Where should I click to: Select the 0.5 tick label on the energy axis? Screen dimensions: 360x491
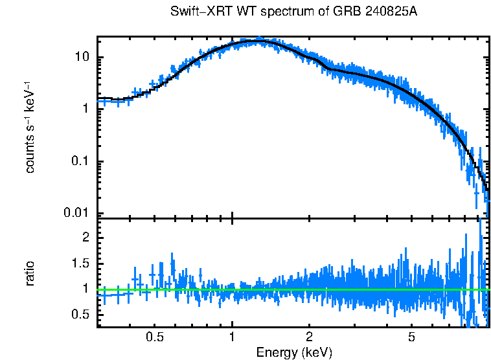tap(154, 337)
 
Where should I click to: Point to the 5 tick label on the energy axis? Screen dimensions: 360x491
tap(411, 337)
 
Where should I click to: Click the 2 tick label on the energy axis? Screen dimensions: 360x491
tap(310, 337)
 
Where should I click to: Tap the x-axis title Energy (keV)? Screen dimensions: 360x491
tap(294, 352)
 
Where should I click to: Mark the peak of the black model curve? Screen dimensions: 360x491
tap(259, 41)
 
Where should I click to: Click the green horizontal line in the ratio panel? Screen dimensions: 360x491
tap(291, 289)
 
